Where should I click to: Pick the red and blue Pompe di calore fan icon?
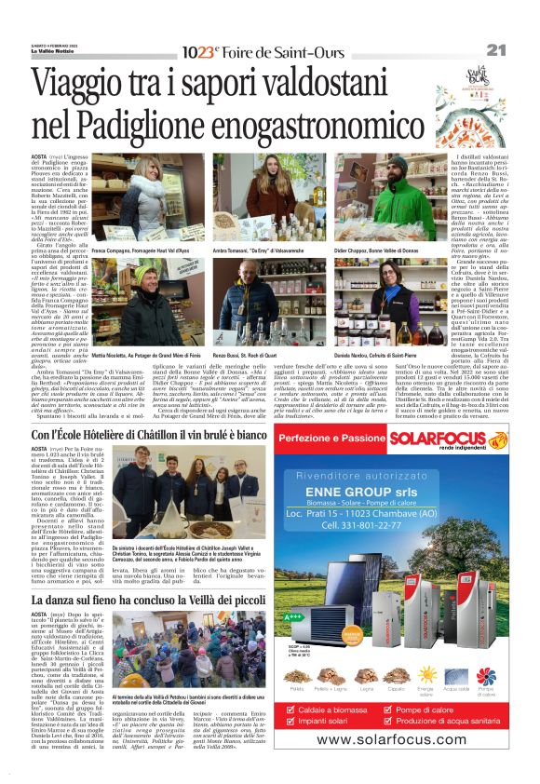coord(485,675)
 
